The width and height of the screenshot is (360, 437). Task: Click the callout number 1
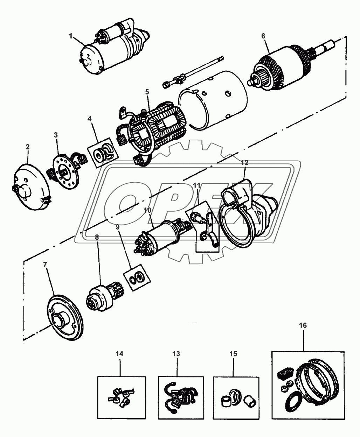(71, 35)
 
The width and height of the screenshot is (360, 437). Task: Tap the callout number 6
(263, 35)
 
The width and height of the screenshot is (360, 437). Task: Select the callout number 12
(244, 162)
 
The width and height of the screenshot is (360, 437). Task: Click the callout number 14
(120, 354)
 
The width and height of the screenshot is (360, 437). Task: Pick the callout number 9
(118, 227)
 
